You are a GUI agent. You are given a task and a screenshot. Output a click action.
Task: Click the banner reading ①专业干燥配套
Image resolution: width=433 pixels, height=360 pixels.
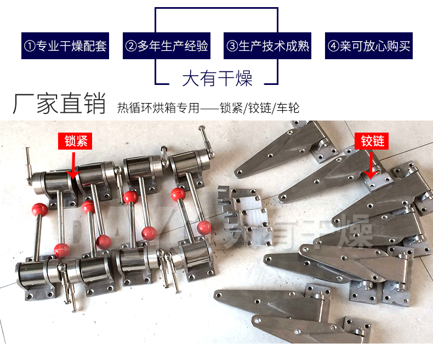(65, 46)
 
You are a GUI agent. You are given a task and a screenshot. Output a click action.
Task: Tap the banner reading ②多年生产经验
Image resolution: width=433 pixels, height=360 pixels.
(167, 46)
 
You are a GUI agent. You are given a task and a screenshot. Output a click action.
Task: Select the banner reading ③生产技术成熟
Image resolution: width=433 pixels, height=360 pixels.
(267, 46)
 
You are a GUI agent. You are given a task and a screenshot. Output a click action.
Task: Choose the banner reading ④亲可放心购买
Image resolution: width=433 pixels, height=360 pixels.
(369, 46)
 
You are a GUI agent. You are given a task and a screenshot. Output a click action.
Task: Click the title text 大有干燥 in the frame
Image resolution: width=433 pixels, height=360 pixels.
(218, 78)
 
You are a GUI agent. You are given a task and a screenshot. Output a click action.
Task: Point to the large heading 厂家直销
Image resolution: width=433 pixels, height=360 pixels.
(59, 104)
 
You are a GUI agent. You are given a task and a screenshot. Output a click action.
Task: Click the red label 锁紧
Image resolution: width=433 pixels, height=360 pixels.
(75, 141)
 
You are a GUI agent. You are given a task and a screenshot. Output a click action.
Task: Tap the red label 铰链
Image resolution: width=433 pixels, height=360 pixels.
(372, 141)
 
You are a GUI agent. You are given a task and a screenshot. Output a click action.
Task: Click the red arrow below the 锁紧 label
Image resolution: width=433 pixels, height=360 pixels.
(73, 165)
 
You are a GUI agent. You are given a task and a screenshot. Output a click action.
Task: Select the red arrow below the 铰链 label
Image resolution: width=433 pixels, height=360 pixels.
(371, 165)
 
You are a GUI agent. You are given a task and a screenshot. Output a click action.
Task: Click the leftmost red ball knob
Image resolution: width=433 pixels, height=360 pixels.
(40, 210)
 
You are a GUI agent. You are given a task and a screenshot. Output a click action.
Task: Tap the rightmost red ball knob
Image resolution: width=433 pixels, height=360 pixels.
(204, 227)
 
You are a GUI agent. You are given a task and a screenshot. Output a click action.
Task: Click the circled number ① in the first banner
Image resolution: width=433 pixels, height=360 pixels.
(30, 46)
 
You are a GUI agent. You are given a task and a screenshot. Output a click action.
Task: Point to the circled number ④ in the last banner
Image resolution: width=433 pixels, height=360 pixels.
(333, 46)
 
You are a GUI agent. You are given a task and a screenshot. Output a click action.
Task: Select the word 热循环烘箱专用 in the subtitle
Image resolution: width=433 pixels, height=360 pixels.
(158, 107)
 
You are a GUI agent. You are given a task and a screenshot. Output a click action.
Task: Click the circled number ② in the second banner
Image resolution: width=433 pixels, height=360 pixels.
(131, 46)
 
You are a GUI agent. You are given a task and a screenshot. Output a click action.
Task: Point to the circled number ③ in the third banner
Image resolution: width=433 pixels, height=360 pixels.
(232, 46)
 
